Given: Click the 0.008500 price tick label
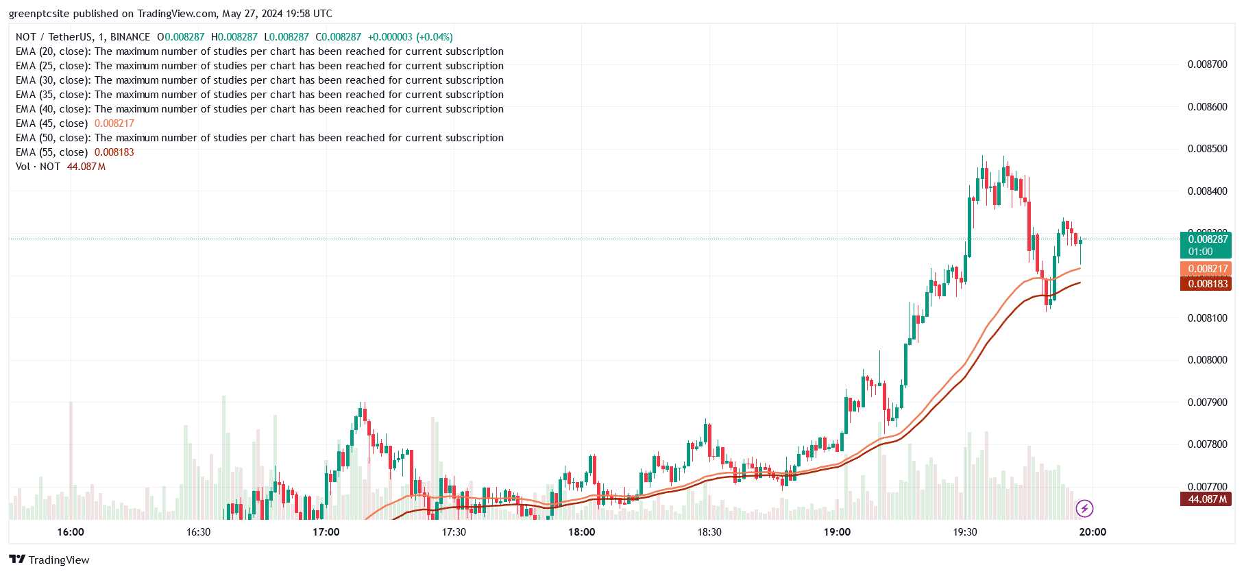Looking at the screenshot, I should click(x=1207, y=149).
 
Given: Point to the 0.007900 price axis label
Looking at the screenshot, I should click(x=1207, y=403).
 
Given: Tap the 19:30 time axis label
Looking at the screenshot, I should click(x=964, y=532).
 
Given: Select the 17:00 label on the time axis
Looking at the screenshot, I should click(x=326, y=532).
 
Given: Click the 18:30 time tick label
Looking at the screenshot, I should click(x=709, y=532).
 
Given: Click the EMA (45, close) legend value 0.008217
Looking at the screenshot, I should click(x=114, y=123).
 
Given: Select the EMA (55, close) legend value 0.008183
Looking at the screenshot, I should click(x=114, y=152).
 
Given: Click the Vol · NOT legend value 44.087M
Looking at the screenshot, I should click(x=86, y=167).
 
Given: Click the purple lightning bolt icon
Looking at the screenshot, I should click(x=1084, y=508).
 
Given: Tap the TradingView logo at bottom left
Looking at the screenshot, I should click(x=49, y=560).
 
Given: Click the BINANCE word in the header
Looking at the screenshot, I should click(x=130, y=37).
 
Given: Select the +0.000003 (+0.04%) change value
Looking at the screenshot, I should click(x=410, y=37).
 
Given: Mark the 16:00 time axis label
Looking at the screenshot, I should click(x=71, y=532).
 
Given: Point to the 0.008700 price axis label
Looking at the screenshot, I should click(x=1207, y=64).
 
